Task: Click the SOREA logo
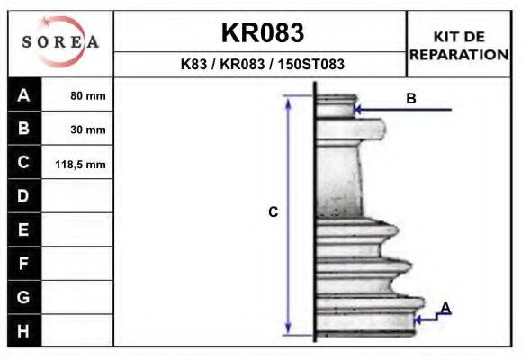point(60,42)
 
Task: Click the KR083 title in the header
point(262,33)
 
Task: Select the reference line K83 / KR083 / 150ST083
point(262,65)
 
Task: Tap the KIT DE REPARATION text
point(459,45)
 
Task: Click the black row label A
point(24,94)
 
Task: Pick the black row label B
point(24,129)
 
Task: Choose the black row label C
point(24,163)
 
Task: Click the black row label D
point(24,196)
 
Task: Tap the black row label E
point(24,229)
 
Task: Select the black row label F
point(24,263)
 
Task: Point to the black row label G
point(24,296)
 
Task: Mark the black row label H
point(24,330)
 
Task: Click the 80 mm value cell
point(88,95)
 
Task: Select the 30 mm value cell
point(88,130)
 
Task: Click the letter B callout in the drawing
point(410,99)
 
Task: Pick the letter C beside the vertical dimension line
point(274,212)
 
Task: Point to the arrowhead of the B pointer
point(358,110)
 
